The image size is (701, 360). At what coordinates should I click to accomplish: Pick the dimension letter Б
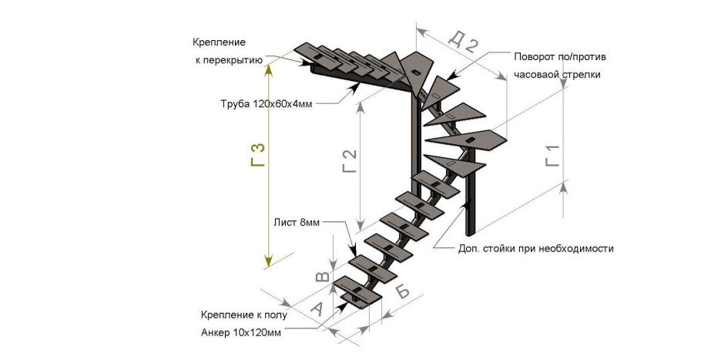tap(402, 292)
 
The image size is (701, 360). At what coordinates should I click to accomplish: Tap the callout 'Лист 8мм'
tap(297, 223)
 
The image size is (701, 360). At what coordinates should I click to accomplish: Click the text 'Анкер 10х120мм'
tap(240, 333)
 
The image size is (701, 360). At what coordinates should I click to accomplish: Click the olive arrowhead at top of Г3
tap(269, 68)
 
